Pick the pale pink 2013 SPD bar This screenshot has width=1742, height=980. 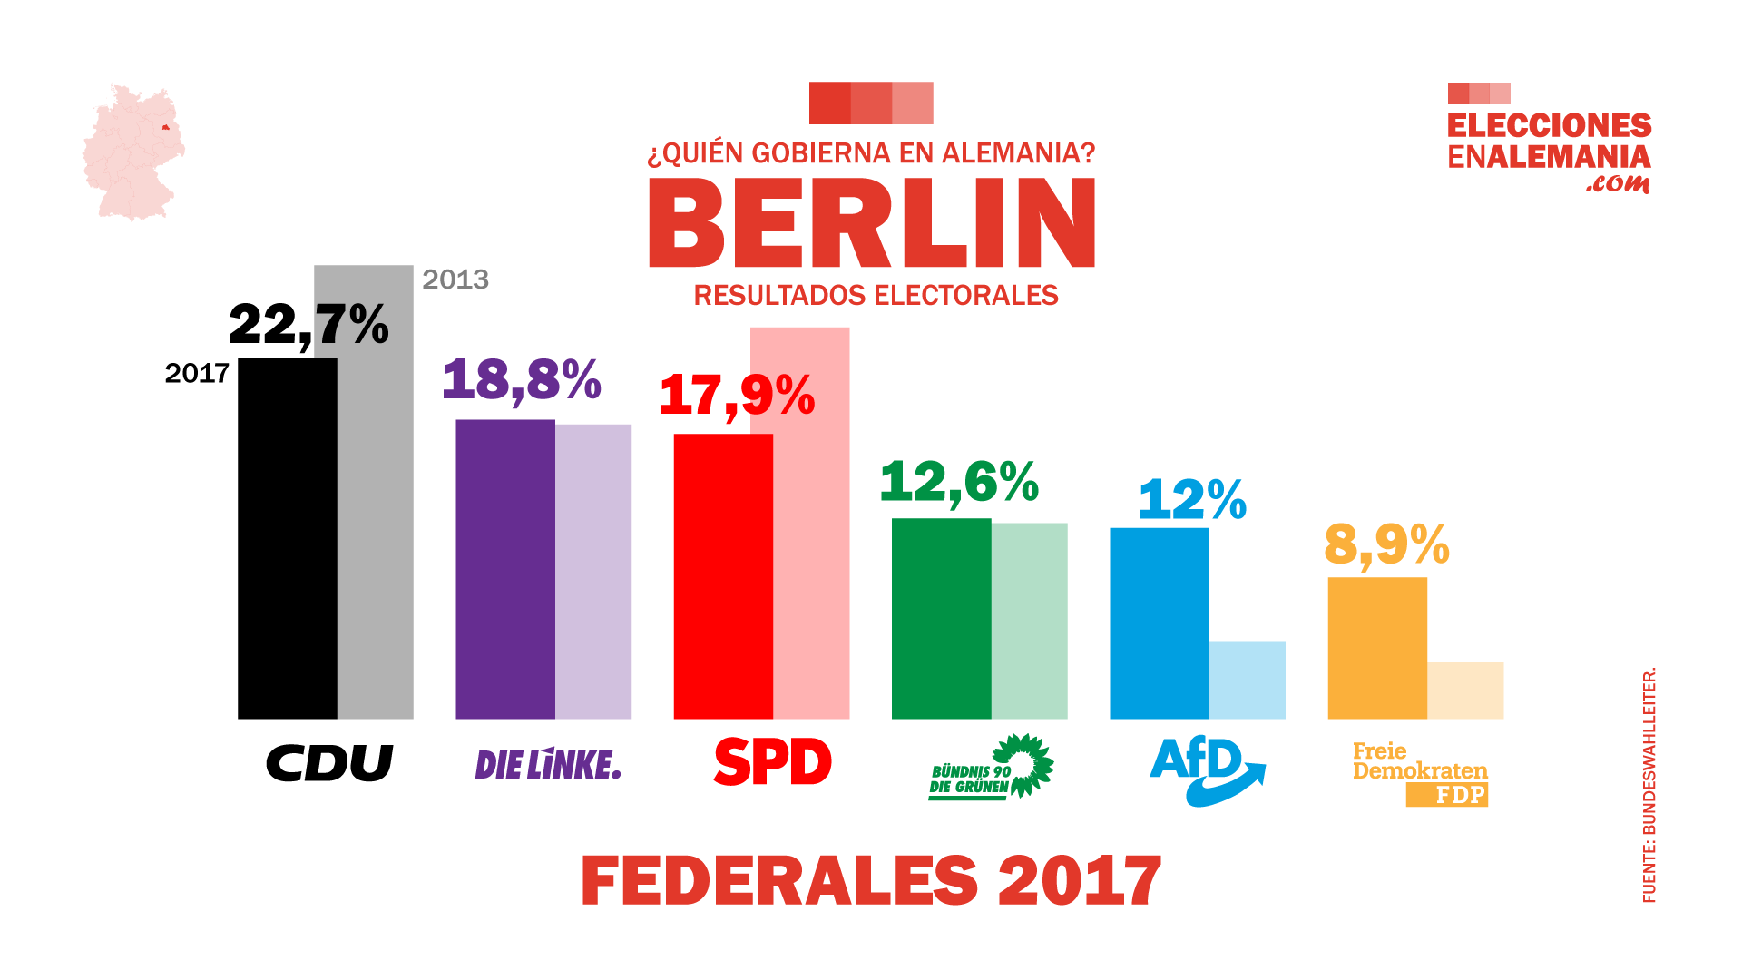[811, 544]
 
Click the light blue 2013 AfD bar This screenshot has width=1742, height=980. [1248, 680]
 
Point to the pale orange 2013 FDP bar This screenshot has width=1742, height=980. [1465, 691]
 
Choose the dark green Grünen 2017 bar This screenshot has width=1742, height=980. [941, 618]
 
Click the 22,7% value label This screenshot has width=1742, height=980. [308, 325]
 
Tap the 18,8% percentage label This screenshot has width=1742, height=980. [521, 379]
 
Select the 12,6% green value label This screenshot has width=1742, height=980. [959, 481]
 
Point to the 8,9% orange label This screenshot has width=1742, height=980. [1386, 544]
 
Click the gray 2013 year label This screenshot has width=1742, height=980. [455, 279]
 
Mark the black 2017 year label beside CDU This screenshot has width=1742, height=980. [197, 373]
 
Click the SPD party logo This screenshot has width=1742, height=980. [772, 761]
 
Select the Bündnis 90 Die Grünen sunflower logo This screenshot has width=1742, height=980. [991, 767]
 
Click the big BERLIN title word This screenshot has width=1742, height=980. [872, 222]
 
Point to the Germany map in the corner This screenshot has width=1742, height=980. [133, 152]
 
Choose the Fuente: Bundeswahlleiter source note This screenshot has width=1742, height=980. [1649, 785]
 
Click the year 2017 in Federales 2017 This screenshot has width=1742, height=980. [1080, 880]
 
